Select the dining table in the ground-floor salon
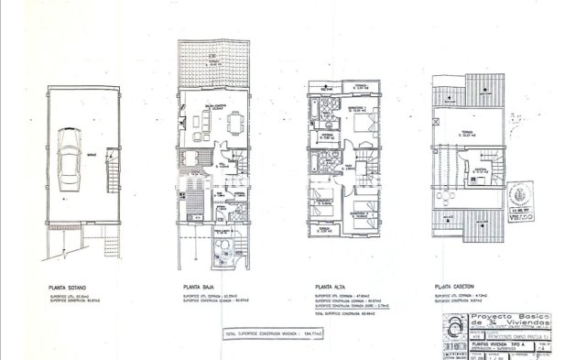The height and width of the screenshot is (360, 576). pyautogui.click(x=234, y=121)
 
